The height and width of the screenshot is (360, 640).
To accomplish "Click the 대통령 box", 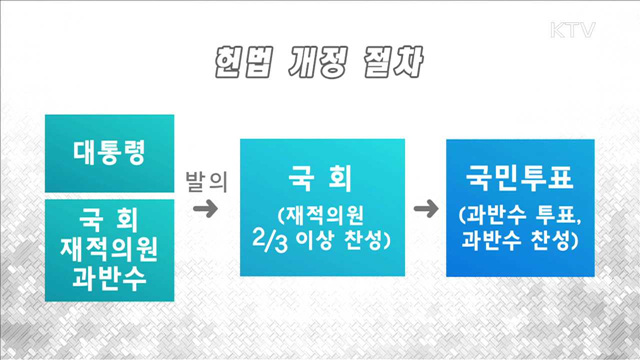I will pyautogui.click(x=110, y=153).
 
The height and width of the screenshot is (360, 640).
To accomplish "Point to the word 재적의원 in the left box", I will pyautogui.click(x=110, y=246).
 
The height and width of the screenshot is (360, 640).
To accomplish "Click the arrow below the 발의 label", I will pyautogui.click(x=205, y=209).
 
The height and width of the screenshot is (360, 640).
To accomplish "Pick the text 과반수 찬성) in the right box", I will pyautogui.click(x=521, y=241).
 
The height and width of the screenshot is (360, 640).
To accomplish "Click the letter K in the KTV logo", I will pyautogui.click(x=558, y=29).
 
